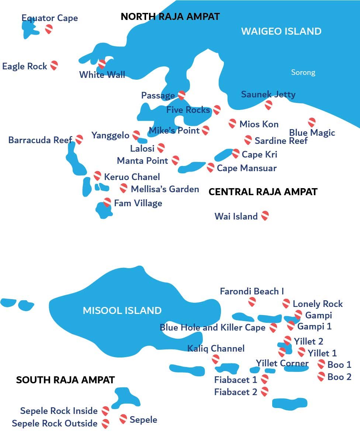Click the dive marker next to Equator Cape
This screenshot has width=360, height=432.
pyautogui.click(x=49, y=29)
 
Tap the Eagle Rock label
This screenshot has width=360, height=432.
pyautogui.click(x=25, y=66)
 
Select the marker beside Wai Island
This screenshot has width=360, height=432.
pyautogui.click(x=265, y=216)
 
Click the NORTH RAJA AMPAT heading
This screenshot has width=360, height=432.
pyautogui.click(x=170, y=17)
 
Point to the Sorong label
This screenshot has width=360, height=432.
pyautogui.click(x=303, y=72)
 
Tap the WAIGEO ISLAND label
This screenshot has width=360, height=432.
pyautogui.click(x=281, y=31)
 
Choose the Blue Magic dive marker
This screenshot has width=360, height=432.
pyautogui.click(x=312, y=122)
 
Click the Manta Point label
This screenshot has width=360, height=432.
pyautogui.click(x=142, y=161)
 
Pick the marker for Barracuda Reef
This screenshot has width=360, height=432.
pyautogui.click(x=79, y=139)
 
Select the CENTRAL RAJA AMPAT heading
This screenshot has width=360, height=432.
pyautogui.click(x=263, y=192)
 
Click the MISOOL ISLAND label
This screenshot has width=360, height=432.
pyautogui.click(x=122, y=311)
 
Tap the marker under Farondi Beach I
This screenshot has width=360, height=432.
pyautogui.click(x=252, y=302)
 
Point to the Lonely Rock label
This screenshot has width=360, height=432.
pyautogui.click(x=318, y=304)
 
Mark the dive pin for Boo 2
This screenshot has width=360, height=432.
pyautogui.click(x=321, y=377)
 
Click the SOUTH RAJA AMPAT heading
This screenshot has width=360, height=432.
pyautogui.click(x=65, y=380)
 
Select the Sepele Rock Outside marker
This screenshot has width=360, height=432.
pyautogui.click(x=105, y=424)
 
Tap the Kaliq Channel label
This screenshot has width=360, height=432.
pyautogui.click(x=216, y=348)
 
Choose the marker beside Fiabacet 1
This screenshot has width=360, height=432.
pyautogui.click(x=264, y=379)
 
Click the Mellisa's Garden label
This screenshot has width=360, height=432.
pyautogui.click(x=165, y=189)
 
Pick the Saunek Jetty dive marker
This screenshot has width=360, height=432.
pyautogui.click(x=269, y=105)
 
